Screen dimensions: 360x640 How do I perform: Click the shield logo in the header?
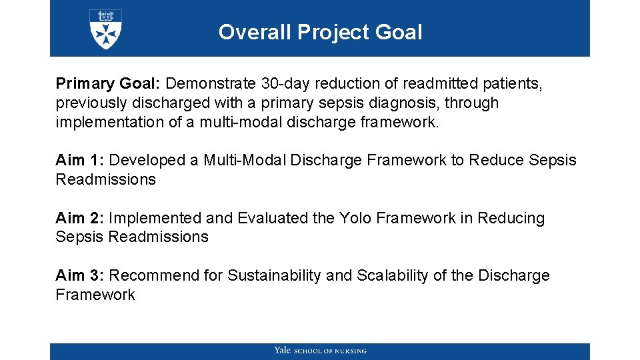(x=105, y=29)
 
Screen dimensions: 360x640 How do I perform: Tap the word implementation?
(x=109, y=123)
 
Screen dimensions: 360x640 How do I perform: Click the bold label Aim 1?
(x=80, y=161)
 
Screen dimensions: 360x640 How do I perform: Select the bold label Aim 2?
(x=80, y=219)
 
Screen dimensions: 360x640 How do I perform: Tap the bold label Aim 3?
(x=80, y=276)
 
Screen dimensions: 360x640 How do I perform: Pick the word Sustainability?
(x=274, y=276)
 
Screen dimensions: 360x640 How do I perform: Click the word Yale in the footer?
(x=282, y=351)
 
